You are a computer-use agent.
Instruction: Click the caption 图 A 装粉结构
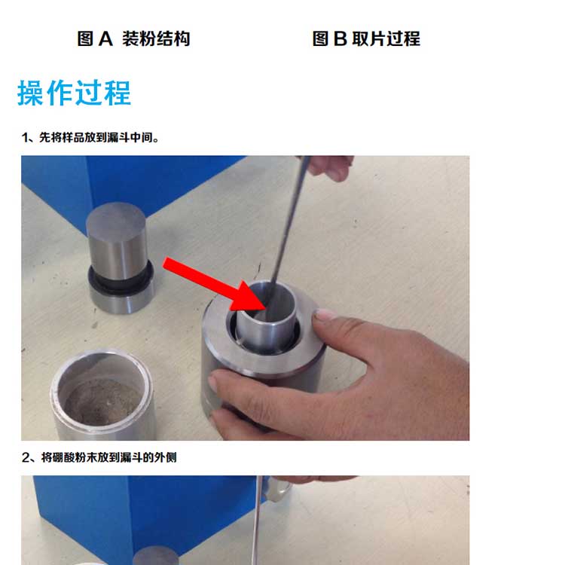tap(133, 38)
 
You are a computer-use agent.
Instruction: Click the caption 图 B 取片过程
tap(366, 38)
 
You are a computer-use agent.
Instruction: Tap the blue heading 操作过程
tap(74, 93)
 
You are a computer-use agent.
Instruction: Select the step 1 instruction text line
tap(90, 137)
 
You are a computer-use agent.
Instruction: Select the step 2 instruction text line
tap(99, 457)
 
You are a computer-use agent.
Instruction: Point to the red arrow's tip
tap(266, 308)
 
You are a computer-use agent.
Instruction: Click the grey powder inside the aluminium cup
tap(103, 400)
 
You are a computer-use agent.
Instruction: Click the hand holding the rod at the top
tap(331, 166)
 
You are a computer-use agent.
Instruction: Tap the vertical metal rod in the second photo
tap(257, 521)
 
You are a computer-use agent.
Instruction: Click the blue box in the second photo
tap(144, 519)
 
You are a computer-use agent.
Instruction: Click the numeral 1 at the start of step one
tap(25, 137)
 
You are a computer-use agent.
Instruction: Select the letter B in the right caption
tap(341, 38)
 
